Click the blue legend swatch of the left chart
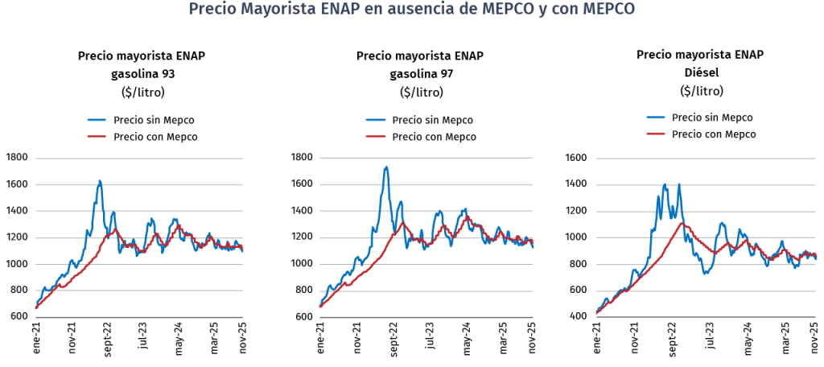[96, 120]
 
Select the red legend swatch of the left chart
[96, 137]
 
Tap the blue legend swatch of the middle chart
[375, 120]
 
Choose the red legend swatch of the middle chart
[375, 137]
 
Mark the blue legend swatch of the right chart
[656, 118]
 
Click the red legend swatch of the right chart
[656, 133]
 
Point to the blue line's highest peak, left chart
[100, 181]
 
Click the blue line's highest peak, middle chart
[386, 167]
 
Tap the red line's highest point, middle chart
[467, 216]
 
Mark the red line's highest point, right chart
[682, 224]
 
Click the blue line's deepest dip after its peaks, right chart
[706, 273]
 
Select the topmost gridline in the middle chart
[426, 159]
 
